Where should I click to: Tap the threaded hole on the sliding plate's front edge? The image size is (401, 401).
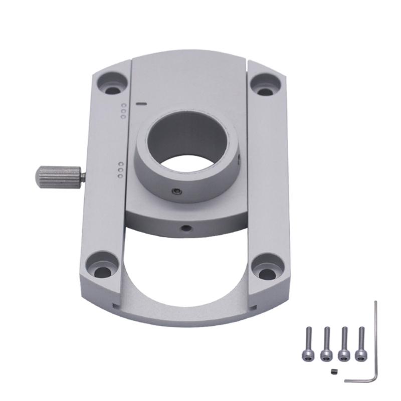[x=186, y=228]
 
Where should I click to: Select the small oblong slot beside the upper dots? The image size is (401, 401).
[x=141, y=105]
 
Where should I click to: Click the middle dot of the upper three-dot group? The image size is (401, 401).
[x=123, y=111]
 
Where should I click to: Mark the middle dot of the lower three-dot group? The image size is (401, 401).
[x=120, y=170]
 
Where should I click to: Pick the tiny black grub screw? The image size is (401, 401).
[x=335, y=371]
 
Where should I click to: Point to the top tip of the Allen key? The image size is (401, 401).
[x=375, y=302]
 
